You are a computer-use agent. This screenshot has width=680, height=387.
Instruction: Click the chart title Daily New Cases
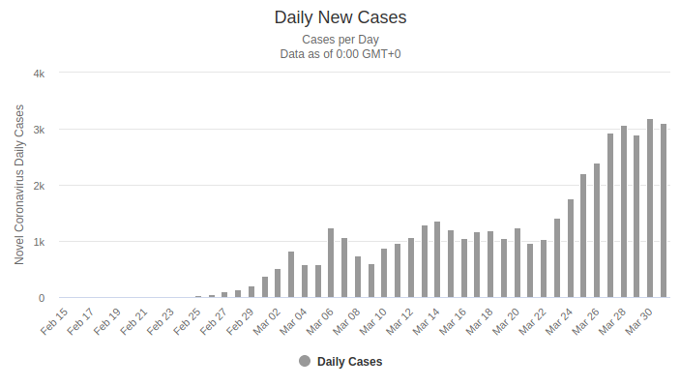click(340, 17)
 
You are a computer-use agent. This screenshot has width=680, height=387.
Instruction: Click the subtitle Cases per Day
click(340, 40)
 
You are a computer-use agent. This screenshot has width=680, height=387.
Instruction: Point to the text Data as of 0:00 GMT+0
click(340, 54)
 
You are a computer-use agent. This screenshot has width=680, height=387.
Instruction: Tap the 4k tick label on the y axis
click(39, 73)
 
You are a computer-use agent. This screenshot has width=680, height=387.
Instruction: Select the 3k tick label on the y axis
click(39, 129)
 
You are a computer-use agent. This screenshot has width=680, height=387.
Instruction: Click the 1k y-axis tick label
click(39, 241)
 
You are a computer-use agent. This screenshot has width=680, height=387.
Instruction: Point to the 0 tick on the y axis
click(41, 297)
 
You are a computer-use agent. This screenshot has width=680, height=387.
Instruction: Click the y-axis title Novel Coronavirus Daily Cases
click(19, 185)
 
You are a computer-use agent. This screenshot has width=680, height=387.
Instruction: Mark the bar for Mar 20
click(517, 263)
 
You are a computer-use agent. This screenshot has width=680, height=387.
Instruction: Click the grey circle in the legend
click(305, 362)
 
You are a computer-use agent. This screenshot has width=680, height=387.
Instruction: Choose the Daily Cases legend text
click(350, 362)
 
